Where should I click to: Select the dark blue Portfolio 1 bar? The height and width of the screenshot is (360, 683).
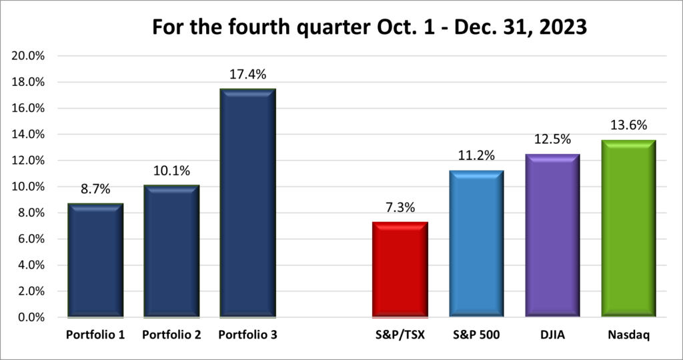click(x=95, y=260)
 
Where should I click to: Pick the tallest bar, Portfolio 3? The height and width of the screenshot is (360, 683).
click(x=247, y=203)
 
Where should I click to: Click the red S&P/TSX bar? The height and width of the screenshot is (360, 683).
click(x=400, y=269)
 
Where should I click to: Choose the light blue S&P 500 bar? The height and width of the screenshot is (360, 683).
click(x=476, y=244)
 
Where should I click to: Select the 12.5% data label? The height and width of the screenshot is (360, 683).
click(x=552, y=139)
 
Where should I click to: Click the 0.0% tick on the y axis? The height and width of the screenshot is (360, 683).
click(x=31, y=317)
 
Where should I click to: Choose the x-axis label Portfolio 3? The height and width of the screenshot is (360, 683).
click(x=247, y=335)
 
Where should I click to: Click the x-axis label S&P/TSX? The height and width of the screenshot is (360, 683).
click(x=400, y=335)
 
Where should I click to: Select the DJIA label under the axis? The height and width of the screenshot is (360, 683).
click(x=552, y=335)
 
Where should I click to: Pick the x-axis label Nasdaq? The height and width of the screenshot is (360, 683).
click(x=628, y=335)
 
